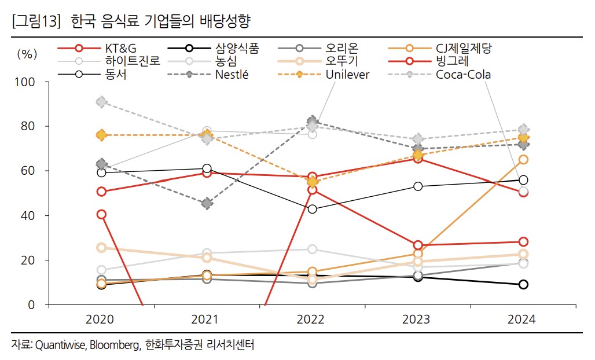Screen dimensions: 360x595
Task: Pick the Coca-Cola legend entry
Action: point(463,75)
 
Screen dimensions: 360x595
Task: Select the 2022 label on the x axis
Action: point(313,319)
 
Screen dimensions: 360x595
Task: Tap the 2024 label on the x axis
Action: point(523,319)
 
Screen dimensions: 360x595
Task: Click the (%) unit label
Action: point(27,54)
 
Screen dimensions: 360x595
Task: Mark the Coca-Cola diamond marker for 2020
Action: point(102,102)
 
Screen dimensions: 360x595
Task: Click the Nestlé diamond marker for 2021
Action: point(207,204)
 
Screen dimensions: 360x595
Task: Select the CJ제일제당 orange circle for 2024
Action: point(523,160)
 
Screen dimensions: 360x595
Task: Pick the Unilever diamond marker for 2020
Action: point(102,135)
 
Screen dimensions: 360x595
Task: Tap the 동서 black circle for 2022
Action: point(313,209)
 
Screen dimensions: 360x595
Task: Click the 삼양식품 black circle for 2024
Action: point(523,284)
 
